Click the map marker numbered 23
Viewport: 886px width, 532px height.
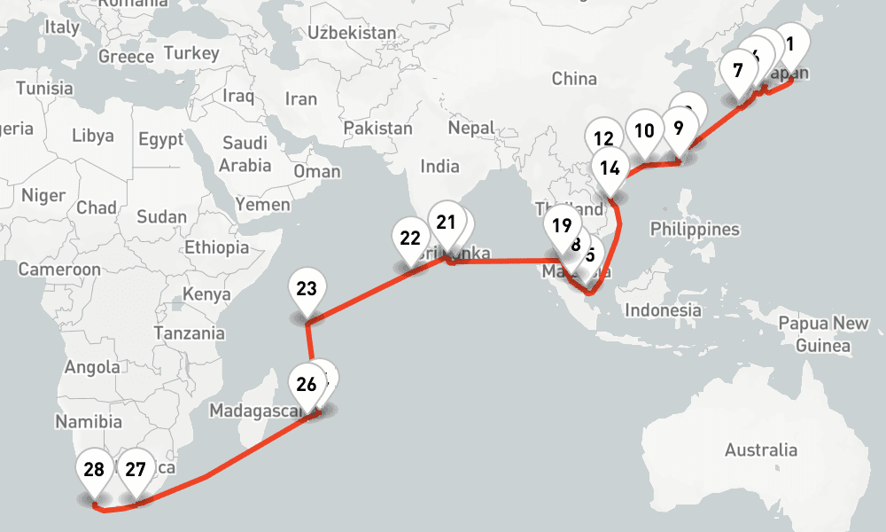pos(307,291)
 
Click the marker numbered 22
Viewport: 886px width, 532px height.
pos(410,239)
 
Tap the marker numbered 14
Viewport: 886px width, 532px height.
pos(610,168)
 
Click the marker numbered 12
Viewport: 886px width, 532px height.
pos(603,140)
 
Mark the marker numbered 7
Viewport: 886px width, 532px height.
pos(738,71)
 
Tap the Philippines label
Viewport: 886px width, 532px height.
pos(695,230)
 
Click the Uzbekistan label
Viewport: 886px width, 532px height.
pos(352,33)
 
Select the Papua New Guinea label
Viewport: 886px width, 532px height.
pos(823,333)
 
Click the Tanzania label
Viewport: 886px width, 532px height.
pos(189,333)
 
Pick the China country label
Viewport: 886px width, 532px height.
pos(574,79)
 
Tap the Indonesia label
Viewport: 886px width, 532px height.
pos(663,310)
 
